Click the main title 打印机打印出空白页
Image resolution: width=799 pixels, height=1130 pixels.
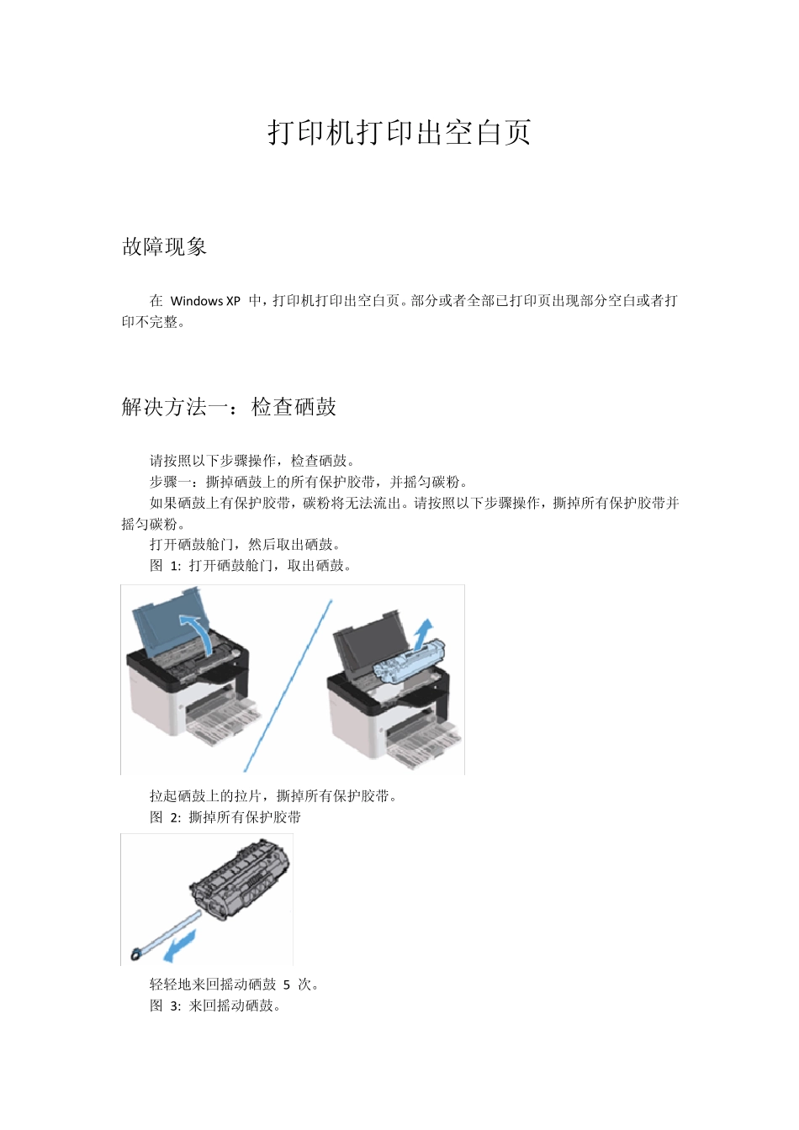tap(399, 133)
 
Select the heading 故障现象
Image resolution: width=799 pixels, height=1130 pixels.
tap(165, 247)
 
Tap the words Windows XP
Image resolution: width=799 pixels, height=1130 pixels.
tap(205, 301)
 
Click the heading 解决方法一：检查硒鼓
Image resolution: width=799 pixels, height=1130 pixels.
tap(229, 407)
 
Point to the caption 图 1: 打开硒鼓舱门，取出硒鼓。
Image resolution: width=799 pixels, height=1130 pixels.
tap(251, 566)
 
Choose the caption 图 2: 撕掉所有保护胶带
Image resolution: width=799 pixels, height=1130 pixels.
tap(225, 817)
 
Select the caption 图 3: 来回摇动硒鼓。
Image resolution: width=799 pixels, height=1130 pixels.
tap(215, 1006)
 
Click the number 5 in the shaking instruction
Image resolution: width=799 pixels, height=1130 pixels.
tap(287, 985)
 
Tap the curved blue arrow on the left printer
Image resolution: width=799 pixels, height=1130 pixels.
tap(198, 631)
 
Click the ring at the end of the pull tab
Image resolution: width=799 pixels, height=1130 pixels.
tap(135, 954)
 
